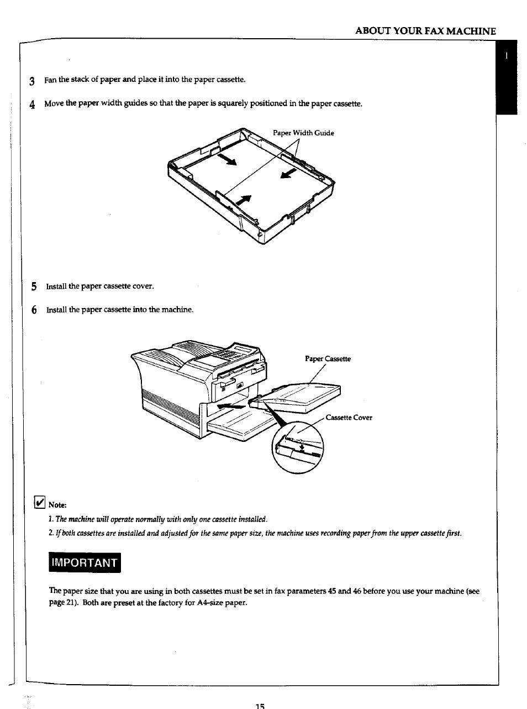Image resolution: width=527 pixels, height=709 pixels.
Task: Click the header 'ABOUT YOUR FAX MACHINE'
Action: tap(425, 31)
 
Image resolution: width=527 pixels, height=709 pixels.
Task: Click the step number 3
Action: tap(33, 81)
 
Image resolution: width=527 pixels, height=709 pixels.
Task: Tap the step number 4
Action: tap(33, 105)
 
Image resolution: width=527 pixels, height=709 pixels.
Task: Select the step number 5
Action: tap(34, 286)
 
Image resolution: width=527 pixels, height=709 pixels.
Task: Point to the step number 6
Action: tap(34, 310)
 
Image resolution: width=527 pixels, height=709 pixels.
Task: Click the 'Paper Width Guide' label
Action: tap(303, 133)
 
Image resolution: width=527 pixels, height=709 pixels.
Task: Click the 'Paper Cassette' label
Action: tap(328, 359)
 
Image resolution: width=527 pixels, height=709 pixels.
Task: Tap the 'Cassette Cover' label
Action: tap(349, 418)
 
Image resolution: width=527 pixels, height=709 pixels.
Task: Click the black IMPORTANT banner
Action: tap(85, 563)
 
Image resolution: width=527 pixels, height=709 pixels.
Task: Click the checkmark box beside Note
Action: tap(39, 502)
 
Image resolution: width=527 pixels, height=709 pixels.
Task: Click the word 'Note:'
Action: tap(57, 505)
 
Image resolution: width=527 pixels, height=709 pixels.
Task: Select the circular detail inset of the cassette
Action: tap(298, 447)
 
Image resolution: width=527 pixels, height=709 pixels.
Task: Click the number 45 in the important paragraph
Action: tap(332, 591)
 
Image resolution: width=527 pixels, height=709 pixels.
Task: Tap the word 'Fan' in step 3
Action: tap(50, 80)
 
